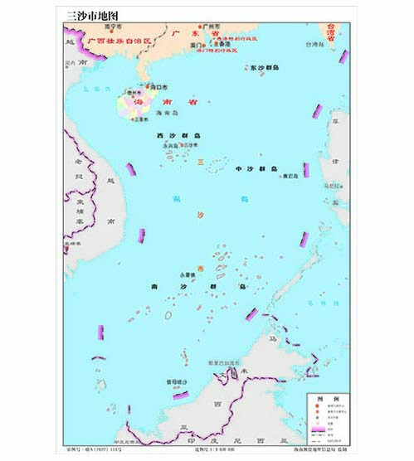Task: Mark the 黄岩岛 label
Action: [290, 176]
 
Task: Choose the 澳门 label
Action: [197, 45]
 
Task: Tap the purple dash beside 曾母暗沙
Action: [177, 395]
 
